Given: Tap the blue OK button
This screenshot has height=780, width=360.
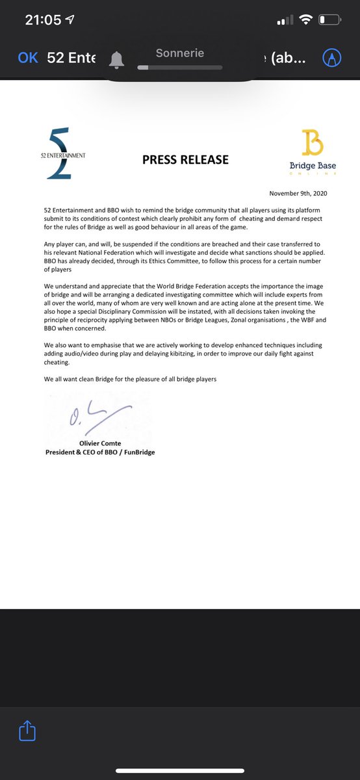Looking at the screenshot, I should (x=28, y=58).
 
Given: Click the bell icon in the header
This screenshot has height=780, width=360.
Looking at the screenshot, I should (x=117, y=59).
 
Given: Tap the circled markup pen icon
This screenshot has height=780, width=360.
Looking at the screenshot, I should (x=332, y=58).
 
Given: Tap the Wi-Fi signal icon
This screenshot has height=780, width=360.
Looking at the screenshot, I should (x=305, y=20).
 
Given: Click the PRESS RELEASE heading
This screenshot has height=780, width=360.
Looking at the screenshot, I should (x=185, y=159).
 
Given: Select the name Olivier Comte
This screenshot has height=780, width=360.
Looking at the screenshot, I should (x=100, y=443).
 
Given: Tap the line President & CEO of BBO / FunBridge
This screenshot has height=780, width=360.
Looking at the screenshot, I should (x=100, y=452).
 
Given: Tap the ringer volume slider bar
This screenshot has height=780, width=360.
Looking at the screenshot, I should (x=180, y=67).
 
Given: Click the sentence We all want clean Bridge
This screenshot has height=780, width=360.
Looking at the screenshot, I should (x=130, y=379).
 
